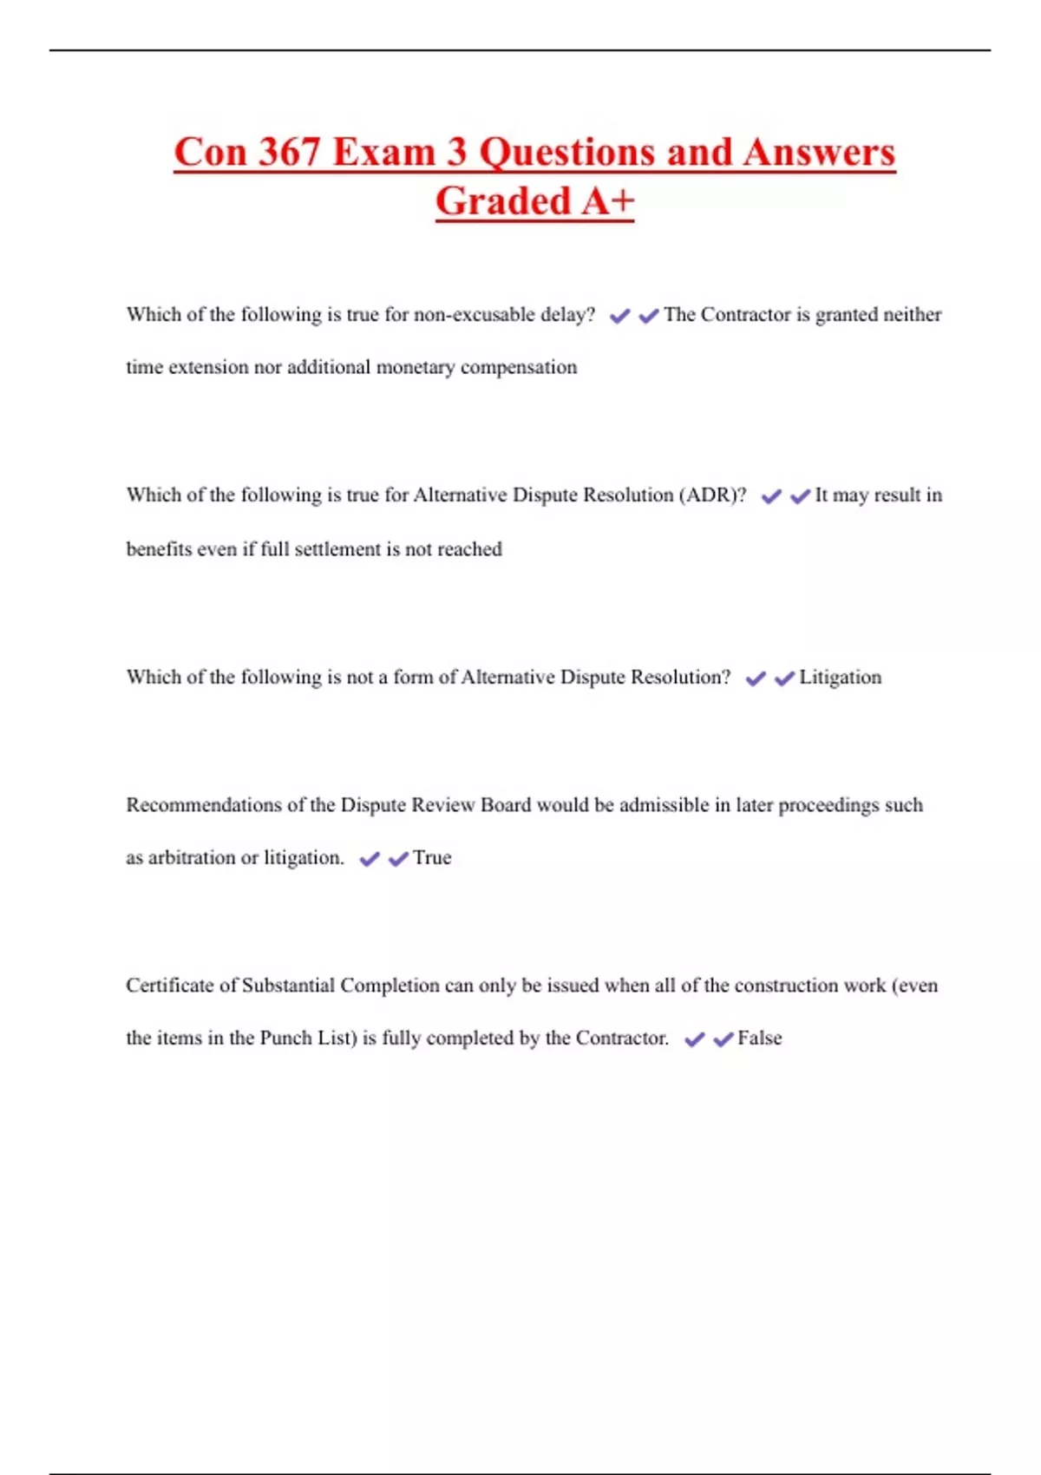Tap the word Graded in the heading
(x=502, y=201)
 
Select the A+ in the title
(x=608, y=201)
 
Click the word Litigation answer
(x=840, y=678)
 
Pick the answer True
(x=432, y=858)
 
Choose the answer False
(x=759, y=1039)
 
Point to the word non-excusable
(x=475, y=315)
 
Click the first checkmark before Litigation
(x=756, y=678)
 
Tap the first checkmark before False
(x=694, y=1039)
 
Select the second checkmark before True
(x=398, y=859)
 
